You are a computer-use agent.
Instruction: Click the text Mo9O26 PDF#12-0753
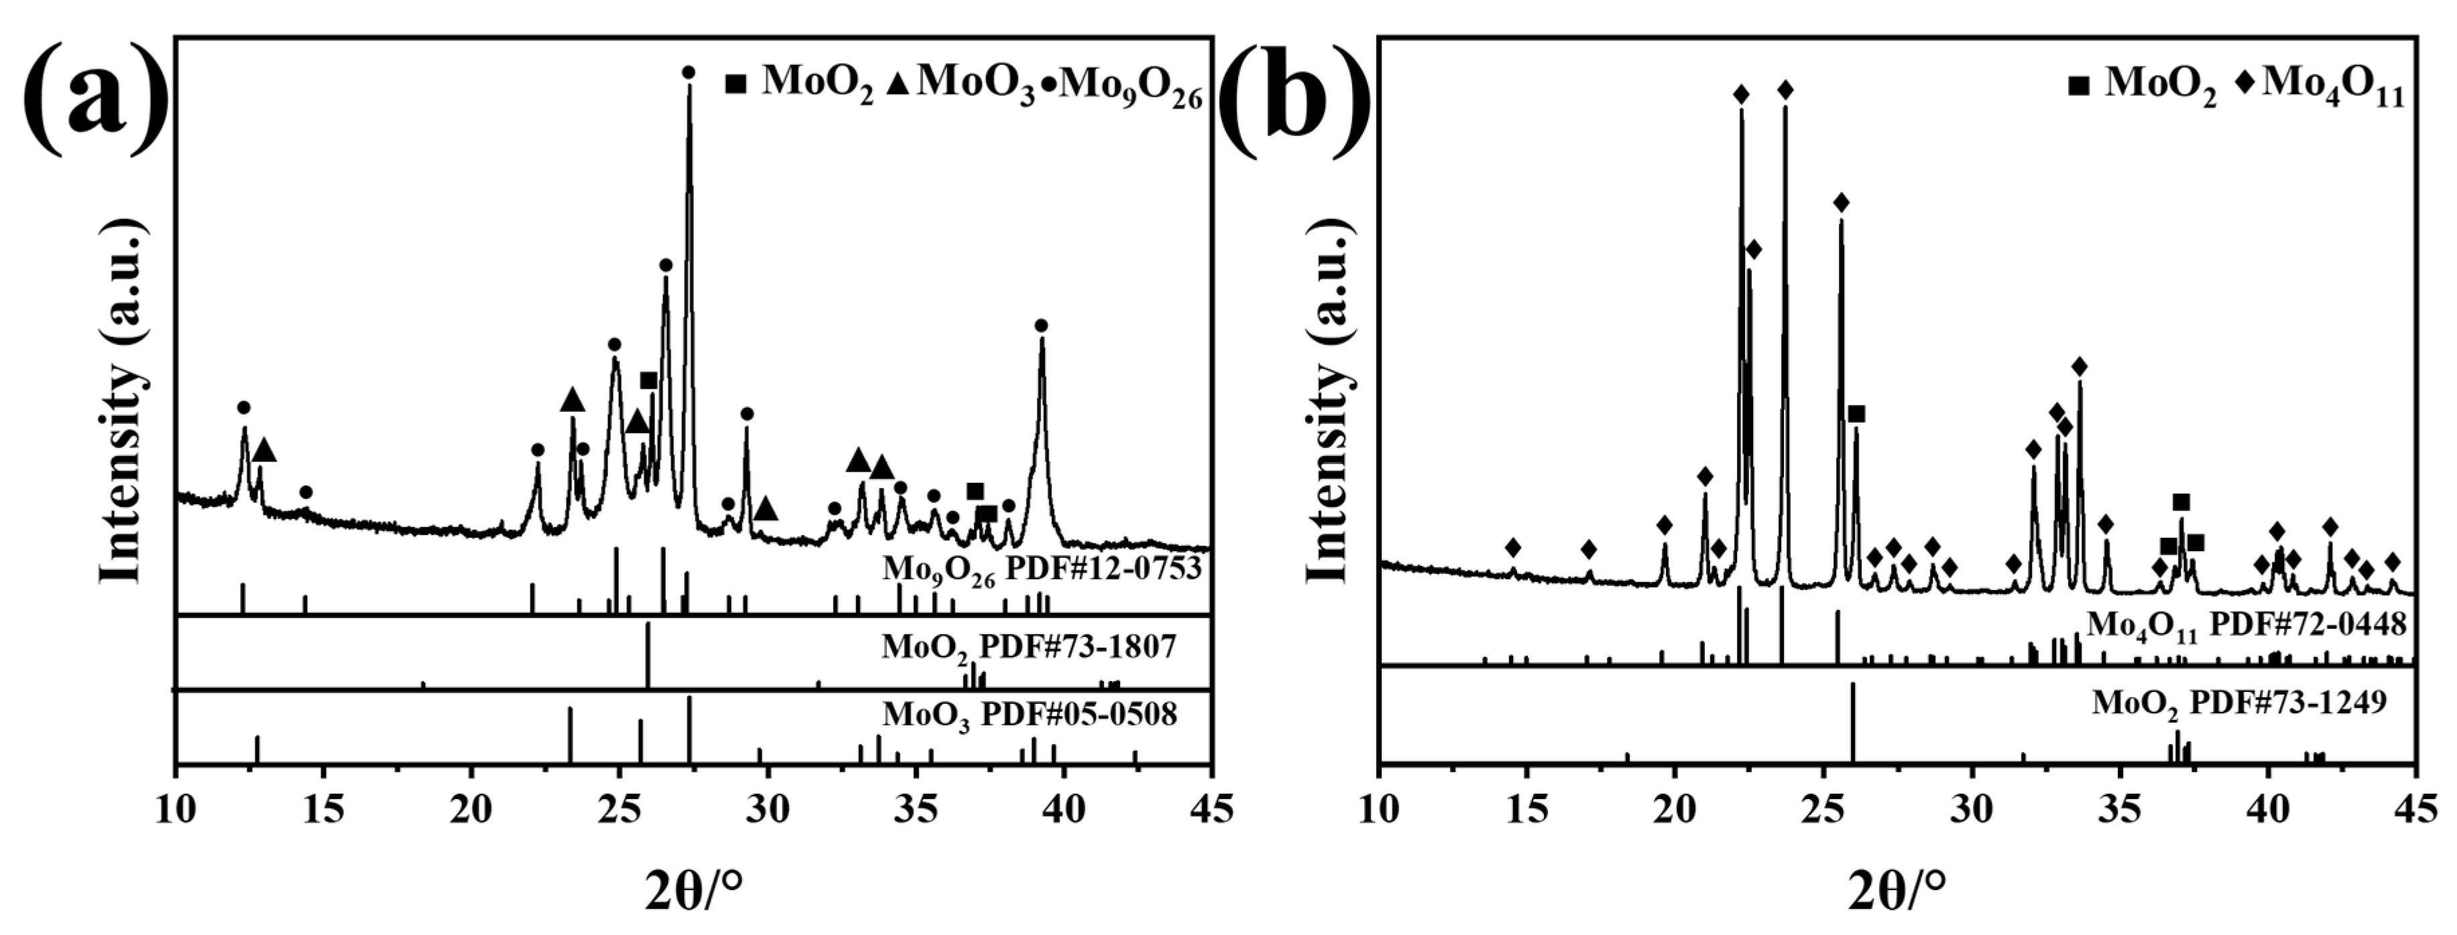point(1040,571)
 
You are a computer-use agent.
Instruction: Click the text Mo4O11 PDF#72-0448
point(2246,626)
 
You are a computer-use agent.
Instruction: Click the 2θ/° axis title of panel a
point(693,891)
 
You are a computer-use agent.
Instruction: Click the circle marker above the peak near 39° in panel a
point(1042,326)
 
